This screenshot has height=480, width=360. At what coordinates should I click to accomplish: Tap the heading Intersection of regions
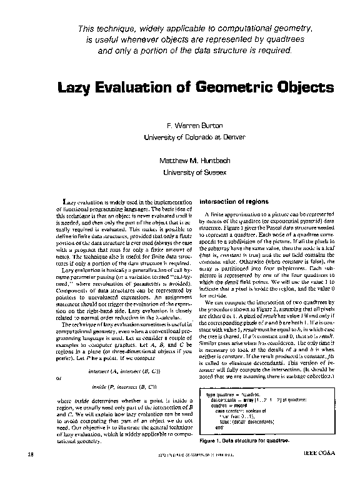(x=233, y=203)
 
